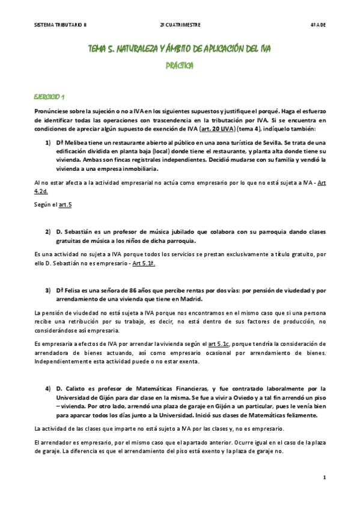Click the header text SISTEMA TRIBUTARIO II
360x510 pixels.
[x=61, y=25]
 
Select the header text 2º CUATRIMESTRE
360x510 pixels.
[x=180, y=25]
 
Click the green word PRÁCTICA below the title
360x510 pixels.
[x=179, y=64]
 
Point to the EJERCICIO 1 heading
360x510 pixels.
[x=50, y=96]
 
